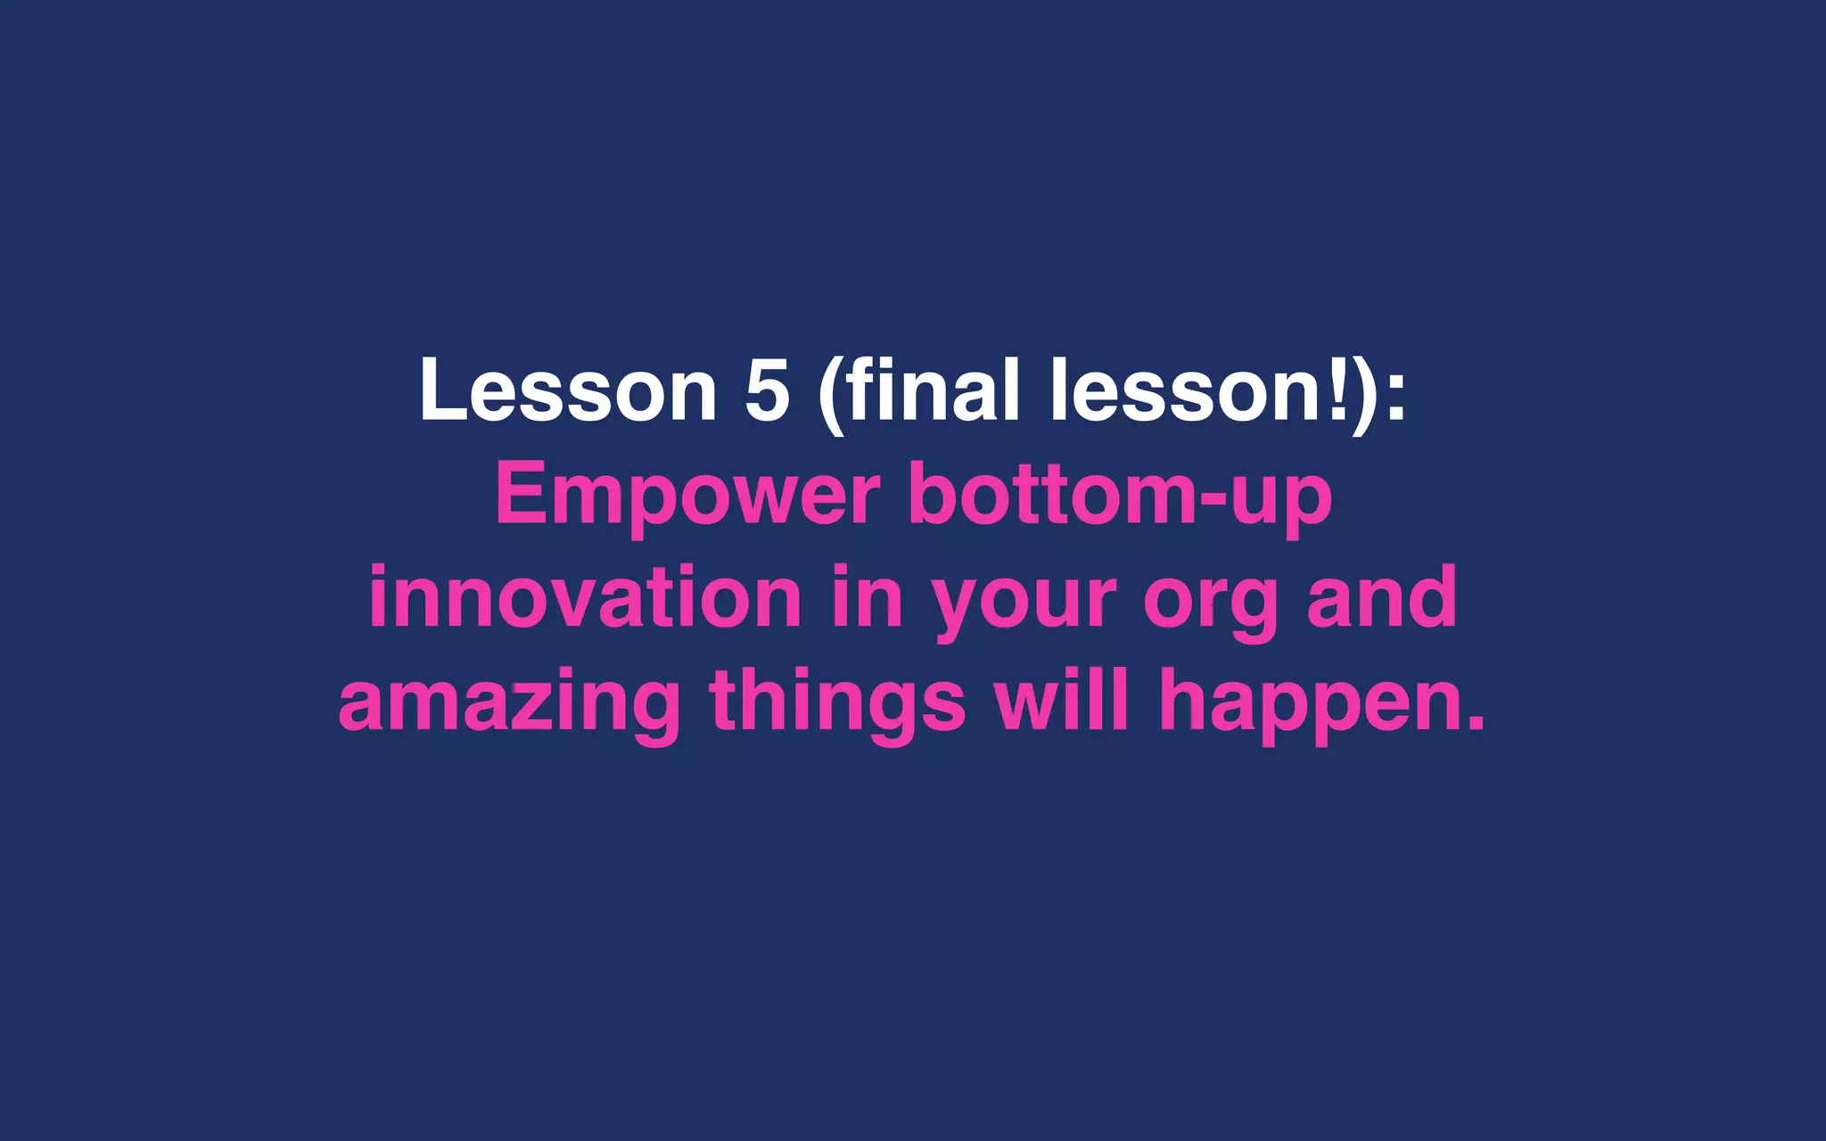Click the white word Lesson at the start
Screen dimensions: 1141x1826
click(568, 390)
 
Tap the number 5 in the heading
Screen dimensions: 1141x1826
click(768, 390)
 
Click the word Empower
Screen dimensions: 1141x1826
click(687, 496)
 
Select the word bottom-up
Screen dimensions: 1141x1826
click(1120, 496)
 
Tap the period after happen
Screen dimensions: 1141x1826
click(1476, 723)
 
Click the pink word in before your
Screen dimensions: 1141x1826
click(867, 598)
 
